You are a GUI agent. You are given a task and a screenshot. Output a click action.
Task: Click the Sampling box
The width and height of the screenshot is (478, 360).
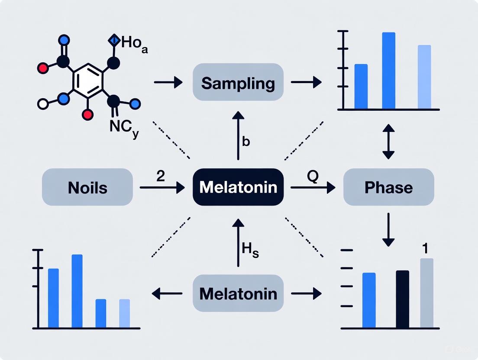tap(238, 82)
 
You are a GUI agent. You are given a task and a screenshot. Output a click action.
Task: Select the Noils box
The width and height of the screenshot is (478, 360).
tap(87, 187)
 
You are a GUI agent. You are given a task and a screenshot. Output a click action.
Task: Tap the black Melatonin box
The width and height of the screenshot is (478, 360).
tap(238, 187)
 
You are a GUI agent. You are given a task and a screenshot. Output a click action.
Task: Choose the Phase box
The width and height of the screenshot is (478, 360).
tap(388, 187)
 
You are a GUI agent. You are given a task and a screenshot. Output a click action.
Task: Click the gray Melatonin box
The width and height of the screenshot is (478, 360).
tap(238, 293)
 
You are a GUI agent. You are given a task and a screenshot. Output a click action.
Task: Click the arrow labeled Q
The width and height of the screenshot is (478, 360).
tap(313, 187)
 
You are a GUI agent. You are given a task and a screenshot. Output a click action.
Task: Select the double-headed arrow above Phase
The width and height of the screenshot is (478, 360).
tap(389, 141)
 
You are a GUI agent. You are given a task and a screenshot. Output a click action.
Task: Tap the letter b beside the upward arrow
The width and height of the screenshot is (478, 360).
tap(246, 142)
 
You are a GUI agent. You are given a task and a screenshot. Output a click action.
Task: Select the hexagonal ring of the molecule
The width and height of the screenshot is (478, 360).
tap(88, 80)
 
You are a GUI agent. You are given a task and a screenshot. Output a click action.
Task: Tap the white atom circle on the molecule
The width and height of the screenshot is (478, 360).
tap(43, 104)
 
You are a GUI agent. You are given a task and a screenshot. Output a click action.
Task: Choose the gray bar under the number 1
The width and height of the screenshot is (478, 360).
tap(426, 293)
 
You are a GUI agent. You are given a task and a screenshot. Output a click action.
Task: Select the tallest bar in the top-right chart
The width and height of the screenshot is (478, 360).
tap(388, 70)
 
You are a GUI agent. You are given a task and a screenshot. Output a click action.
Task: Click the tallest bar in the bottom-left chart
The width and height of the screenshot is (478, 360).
tap(77, 291)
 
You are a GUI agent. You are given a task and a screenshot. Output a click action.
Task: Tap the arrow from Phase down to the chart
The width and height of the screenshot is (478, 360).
tap(389, 229)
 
